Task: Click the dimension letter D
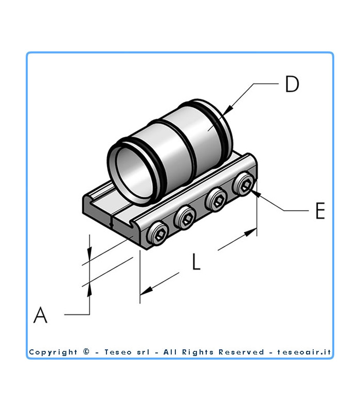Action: tap(292, 84)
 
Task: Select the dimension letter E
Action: tap(320, 211)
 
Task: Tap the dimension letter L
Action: tap(196, 263)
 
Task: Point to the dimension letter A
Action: tap(40, 314)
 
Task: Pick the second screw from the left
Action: tap(186, 219)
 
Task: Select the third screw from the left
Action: tap(216, 201)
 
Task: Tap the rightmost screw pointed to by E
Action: tap(244, 184)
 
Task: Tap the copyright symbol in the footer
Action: tap(86, 352)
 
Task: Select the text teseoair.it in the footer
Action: tap(305, 352)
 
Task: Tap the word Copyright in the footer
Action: tap(53, 352)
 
